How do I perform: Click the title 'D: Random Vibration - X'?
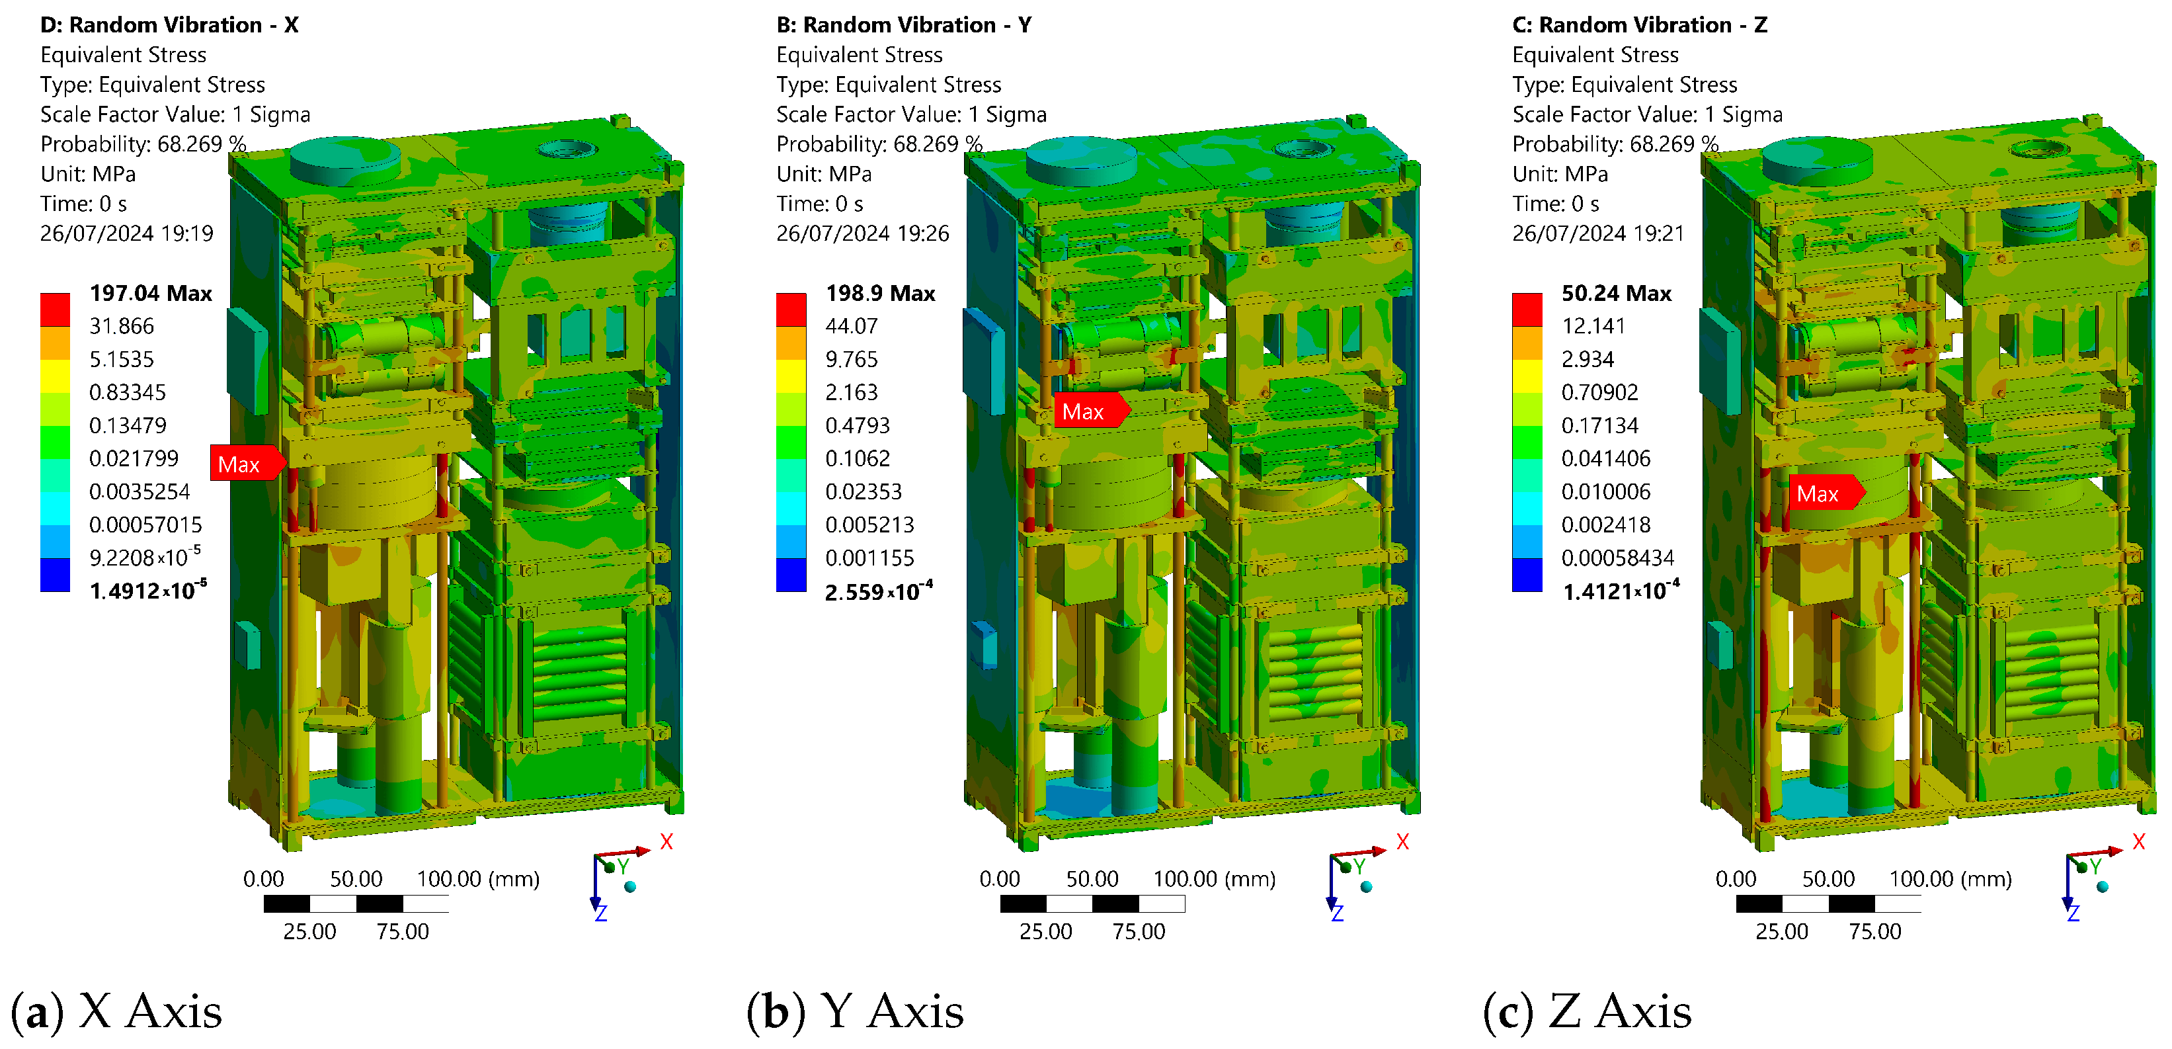pyautogui.click(x=169, y=24)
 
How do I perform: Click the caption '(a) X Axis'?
pyautogui.click(x=116, y=1011)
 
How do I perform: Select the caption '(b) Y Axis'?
pyautogui.click(x=854, y=1011)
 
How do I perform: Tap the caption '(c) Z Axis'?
pyautogui.click(x=1587, y=1011)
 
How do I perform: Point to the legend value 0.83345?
pyautogui.click(x=128, y=392)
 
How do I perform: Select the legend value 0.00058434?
pyautogui.click(x=1617, y=558)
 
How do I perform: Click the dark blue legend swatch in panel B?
pyautogui.click(x=791, y=575)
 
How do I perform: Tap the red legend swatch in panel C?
pyautogui.click(x=1526, y=309)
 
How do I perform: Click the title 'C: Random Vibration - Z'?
pyautogui.click(x=1639, y=24)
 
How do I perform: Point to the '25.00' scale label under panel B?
pyautogui.click(x=1045, y=931)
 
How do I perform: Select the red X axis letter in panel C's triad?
pyautogui.click(x=2138, y=841)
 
